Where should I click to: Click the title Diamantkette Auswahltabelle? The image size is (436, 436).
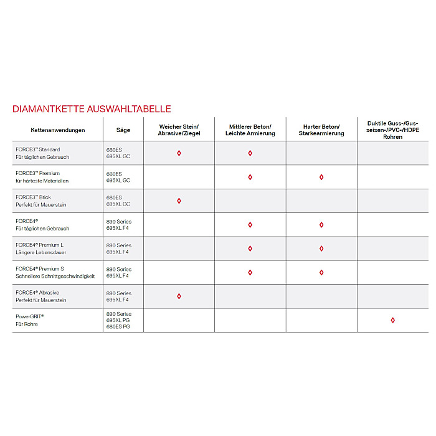pos(92,109)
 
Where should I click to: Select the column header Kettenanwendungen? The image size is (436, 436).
pos(58,130)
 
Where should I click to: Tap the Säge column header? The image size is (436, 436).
pos(123,130)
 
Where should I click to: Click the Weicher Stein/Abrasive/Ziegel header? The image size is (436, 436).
pos(179,130)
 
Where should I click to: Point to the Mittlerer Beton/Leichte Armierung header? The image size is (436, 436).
pos(250,130)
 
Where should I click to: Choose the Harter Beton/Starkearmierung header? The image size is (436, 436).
pos(321,130)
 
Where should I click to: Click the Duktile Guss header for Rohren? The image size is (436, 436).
pos(392,130)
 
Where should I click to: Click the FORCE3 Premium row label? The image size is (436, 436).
pos(42,177)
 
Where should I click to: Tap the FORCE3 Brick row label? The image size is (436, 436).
pos(41,201)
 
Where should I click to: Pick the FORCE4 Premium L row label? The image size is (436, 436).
pos(41,249)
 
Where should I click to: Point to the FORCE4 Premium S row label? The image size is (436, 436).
pos(55,272)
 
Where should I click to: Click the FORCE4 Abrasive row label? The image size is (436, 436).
pos(41,296)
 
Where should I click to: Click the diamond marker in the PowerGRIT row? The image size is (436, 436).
pos(392,320)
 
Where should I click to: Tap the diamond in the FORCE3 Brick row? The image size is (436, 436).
pos(179,201)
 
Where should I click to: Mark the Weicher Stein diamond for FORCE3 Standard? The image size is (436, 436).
pos(179,153)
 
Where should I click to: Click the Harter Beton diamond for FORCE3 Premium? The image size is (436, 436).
pos(321,177)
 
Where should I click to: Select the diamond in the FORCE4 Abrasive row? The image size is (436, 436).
pos(179,296)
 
